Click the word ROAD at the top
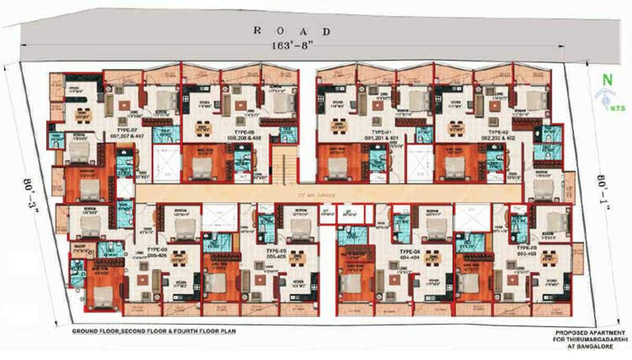[x=292, y=31]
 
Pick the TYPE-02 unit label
[x=500, y=132]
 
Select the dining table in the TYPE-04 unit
[x=430, y=257]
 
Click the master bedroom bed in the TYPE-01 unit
[x=337, y=165]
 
